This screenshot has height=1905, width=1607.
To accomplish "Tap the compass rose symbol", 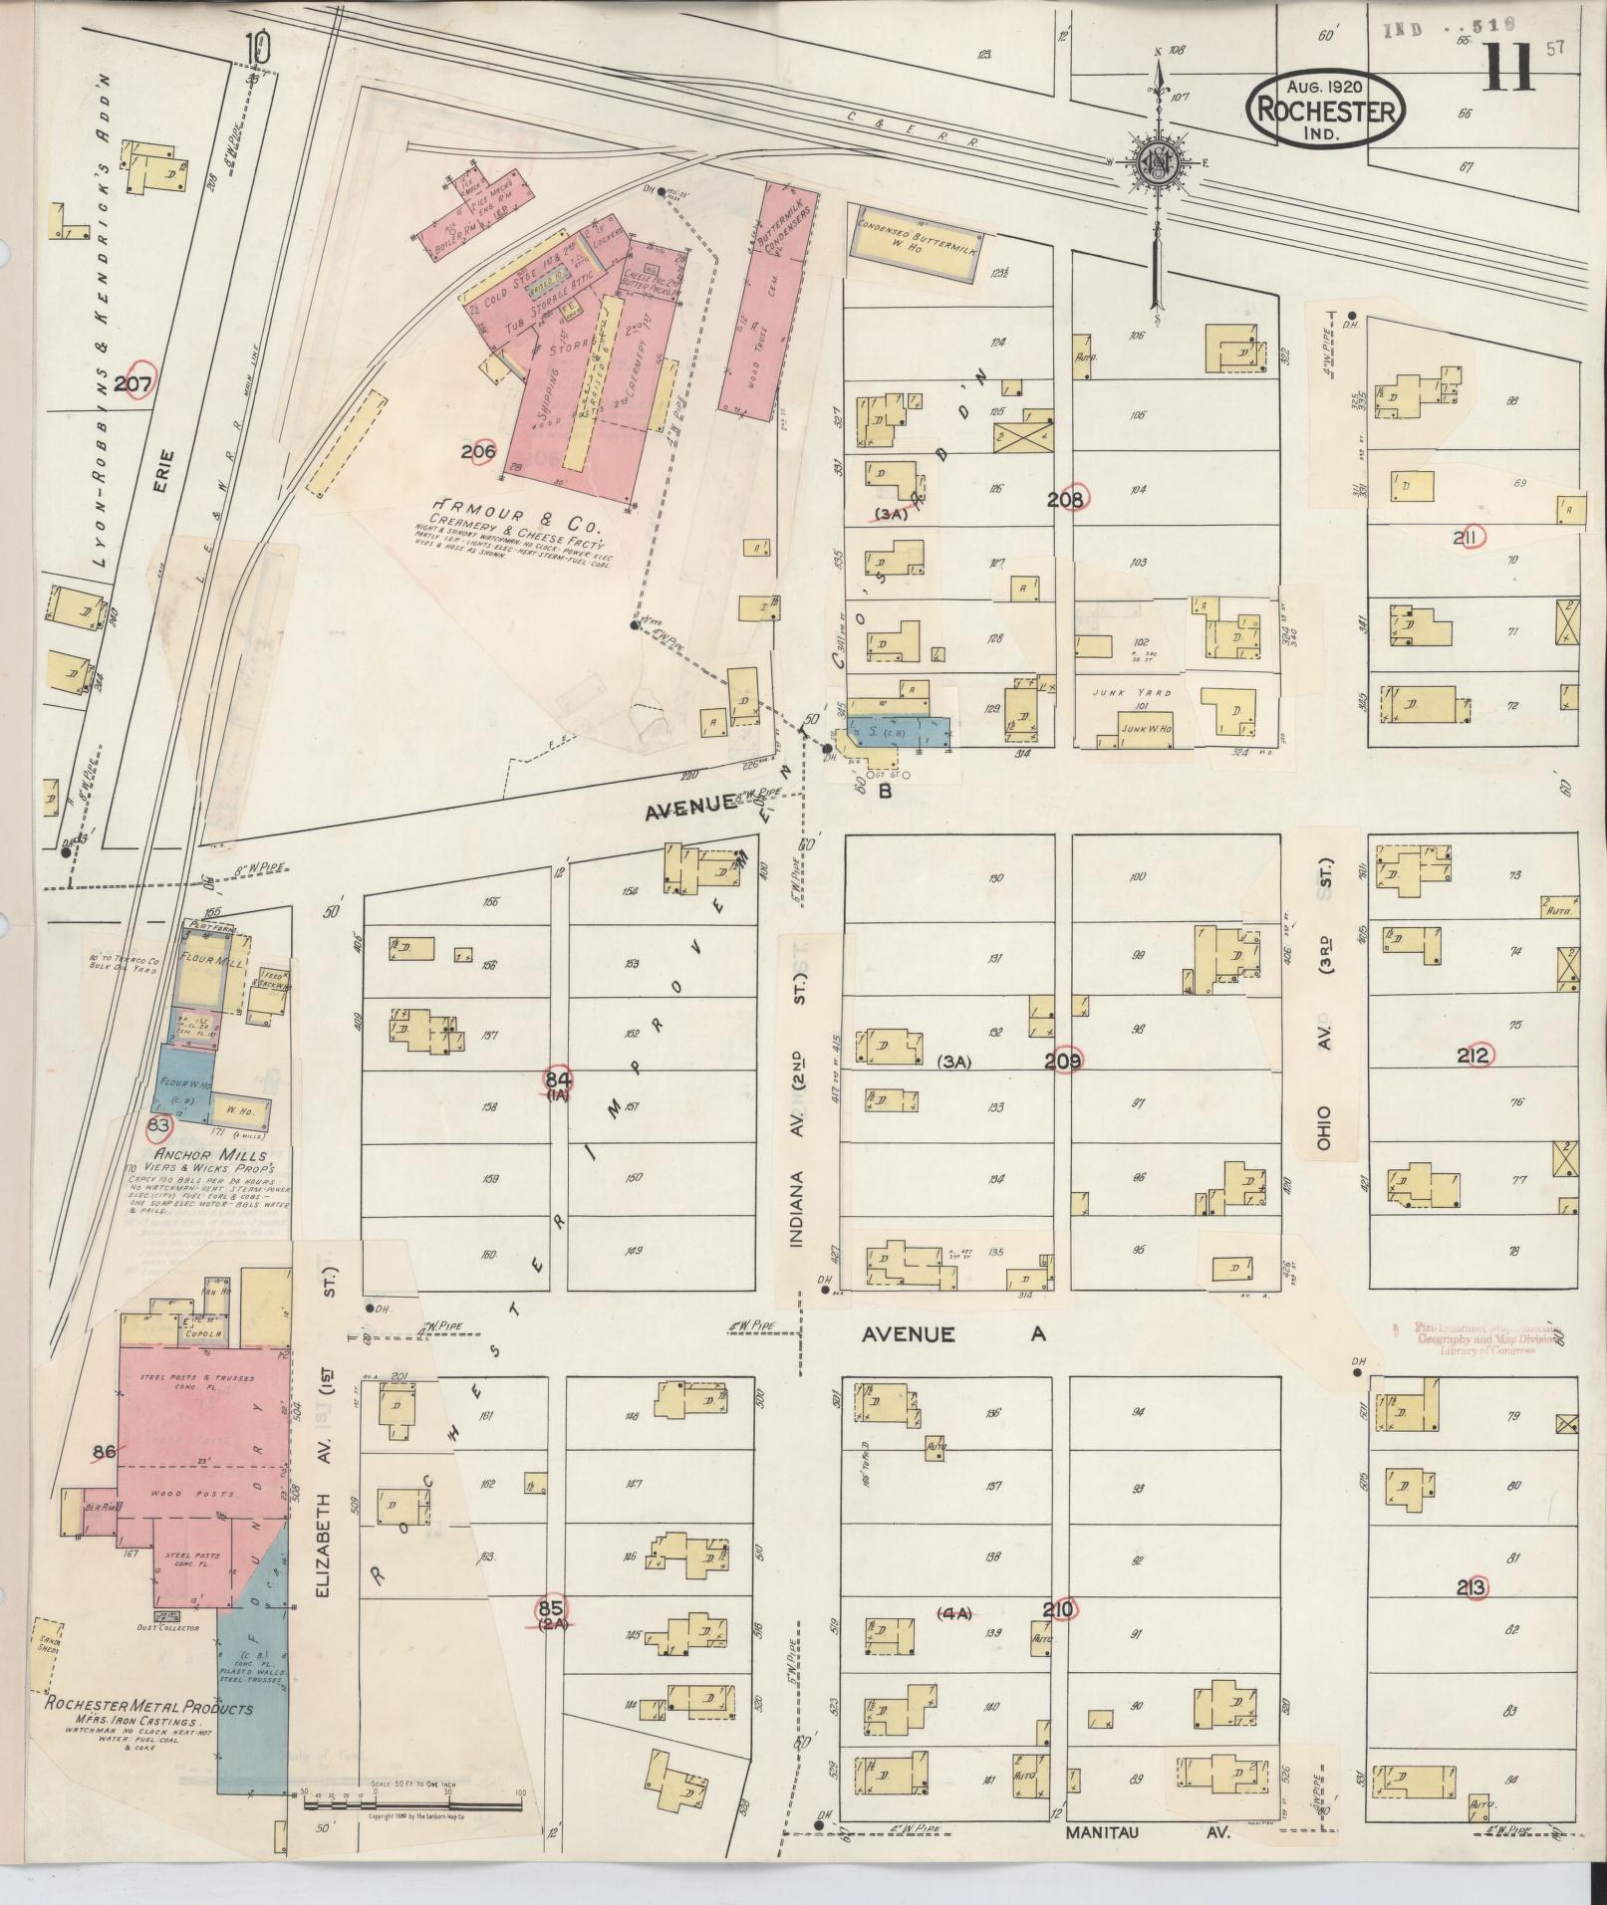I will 1160,162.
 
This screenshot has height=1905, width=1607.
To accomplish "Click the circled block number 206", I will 479,451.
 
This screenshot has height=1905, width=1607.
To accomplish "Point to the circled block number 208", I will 1066,499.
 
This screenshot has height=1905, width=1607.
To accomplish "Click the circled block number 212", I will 1473,1056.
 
